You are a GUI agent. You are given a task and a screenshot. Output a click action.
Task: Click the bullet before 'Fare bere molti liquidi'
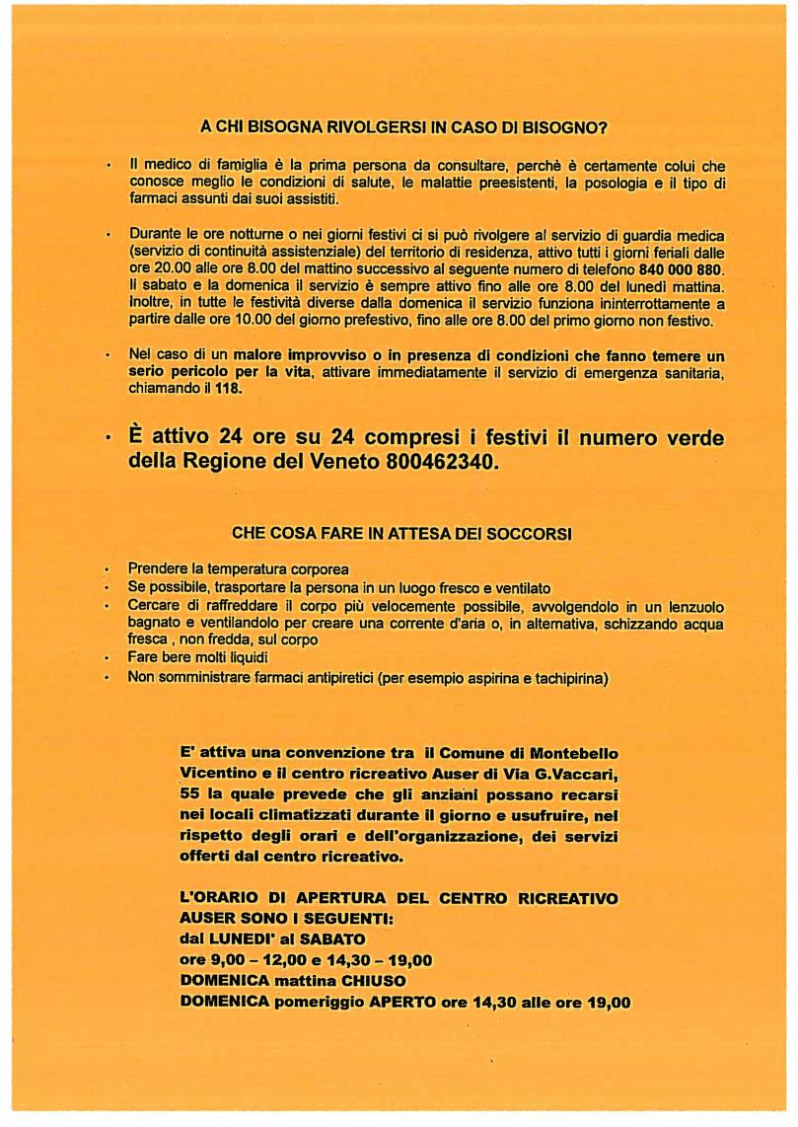point(107,658)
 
